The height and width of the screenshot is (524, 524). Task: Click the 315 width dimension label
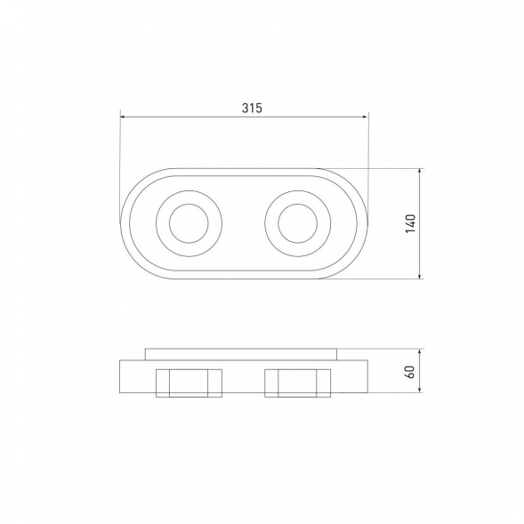[x=253, y=108]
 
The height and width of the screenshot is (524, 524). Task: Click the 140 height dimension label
[x=411, y=223]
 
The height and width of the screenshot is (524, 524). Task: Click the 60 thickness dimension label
[x=410, y=372]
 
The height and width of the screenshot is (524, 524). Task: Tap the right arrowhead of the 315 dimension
[x=366, y=117]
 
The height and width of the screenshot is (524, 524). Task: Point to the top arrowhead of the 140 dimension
[x=420, y=171]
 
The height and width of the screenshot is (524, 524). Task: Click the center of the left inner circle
[x=189, y=223]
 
